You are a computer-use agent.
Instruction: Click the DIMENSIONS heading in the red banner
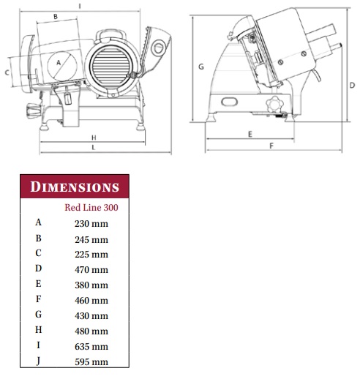(x=75, y=187)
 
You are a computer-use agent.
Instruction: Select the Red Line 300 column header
(x=91, y=208)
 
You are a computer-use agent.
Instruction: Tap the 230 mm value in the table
(x=91, y=224)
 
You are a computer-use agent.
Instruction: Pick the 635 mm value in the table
(x=91, y=347)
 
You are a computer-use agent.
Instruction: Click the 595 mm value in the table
(x=91, y=362)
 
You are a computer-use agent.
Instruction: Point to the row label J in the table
(x=38, y=361)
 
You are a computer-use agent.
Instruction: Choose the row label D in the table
(x=38, y=269)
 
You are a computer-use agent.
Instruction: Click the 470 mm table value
(x=91, y=270)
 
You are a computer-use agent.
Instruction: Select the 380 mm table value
(x=91, y=285)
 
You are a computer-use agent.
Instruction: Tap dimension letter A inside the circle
(x=59, y=63)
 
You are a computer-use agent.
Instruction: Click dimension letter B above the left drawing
(x=56, y=17)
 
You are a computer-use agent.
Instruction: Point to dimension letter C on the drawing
(x=7, y=72)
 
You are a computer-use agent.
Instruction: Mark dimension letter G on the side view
(x=201, y=67)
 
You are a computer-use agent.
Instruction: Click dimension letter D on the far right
(x=352, y=85)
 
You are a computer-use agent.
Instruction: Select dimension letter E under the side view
(x=250, y=134)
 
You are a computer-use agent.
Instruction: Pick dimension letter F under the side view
(x=271, y=146)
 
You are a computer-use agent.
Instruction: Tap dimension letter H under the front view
(x=94, y=138)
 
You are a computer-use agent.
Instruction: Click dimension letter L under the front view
(x=94, y=147)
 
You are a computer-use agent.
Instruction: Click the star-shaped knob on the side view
(x=274, y=105)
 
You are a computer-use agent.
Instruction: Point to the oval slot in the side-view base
(x=229, y=102)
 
